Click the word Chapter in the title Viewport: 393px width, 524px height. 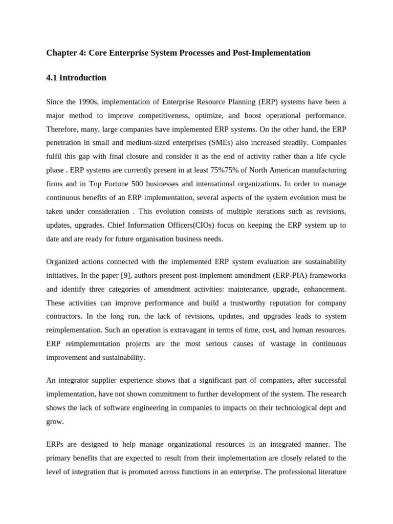click(x=60, y=53)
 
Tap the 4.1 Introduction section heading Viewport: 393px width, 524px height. click(x=76, y=78)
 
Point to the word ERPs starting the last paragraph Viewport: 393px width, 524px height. click(x=55, y=444)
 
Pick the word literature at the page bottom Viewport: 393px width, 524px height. click(x=330, y=472)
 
